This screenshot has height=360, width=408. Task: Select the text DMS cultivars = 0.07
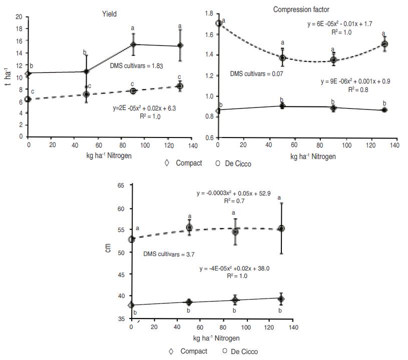click(x=256, y=74)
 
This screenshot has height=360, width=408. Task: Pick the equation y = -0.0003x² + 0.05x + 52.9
click(x=237, y=193)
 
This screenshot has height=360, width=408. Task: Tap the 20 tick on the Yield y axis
click(x=19, y=17)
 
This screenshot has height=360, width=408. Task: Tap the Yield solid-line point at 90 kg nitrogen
click(x=134, y=44)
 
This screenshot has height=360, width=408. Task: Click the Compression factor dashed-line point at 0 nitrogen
click(x=218, y=23)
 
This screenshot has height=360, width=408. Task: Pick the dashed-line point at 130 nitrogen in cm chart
click(x=281, y=228)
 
